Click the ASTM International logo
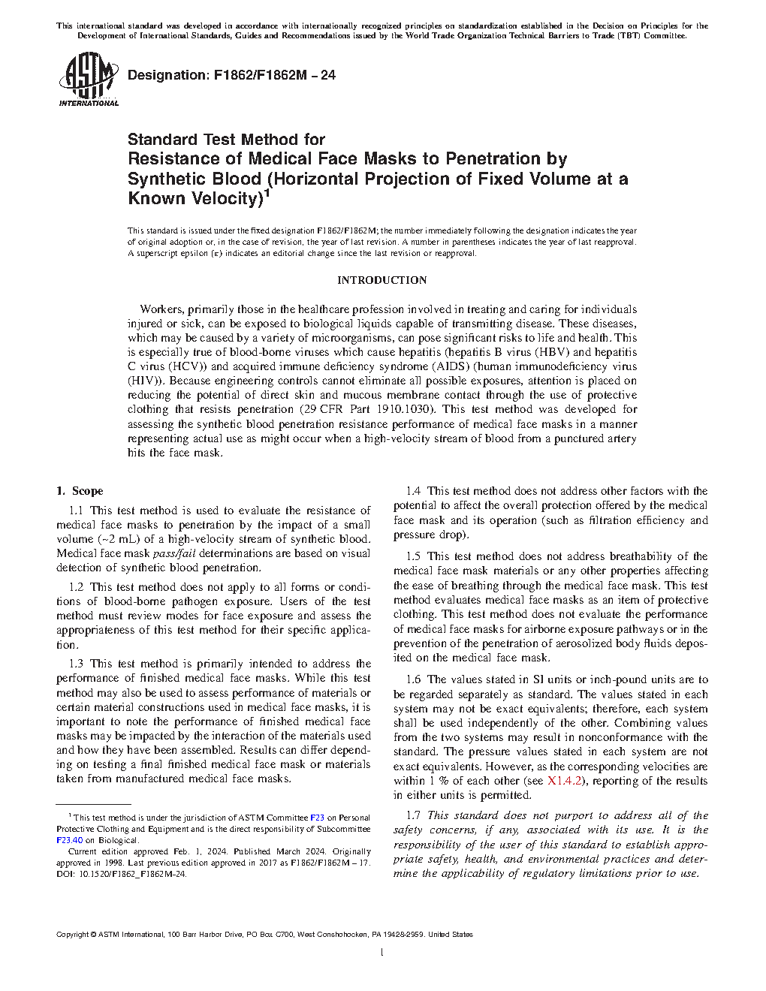[88, 79]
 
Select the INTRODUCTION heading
[381, 280]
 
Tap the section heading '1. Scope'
[80, 491]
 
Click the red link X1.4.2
[565, 781]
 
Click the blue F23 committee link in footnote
[317, 818]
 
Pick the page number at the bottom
[382, 953]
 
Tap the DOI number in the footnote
[120, 874]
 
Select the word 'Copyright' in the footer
[72, 935]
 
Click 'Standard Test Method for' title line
[226, 140]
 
